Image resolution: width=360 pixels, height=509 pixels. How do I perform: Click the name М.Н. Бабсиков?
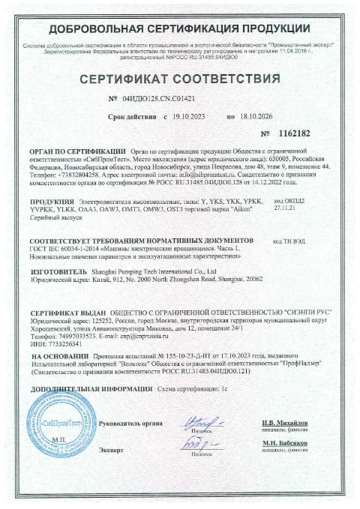click(295, 445)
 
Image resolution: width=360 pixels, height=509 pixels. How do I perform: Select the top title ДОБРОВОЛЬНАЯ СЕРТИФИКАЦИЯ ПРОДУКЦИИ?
click(180, 29)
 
